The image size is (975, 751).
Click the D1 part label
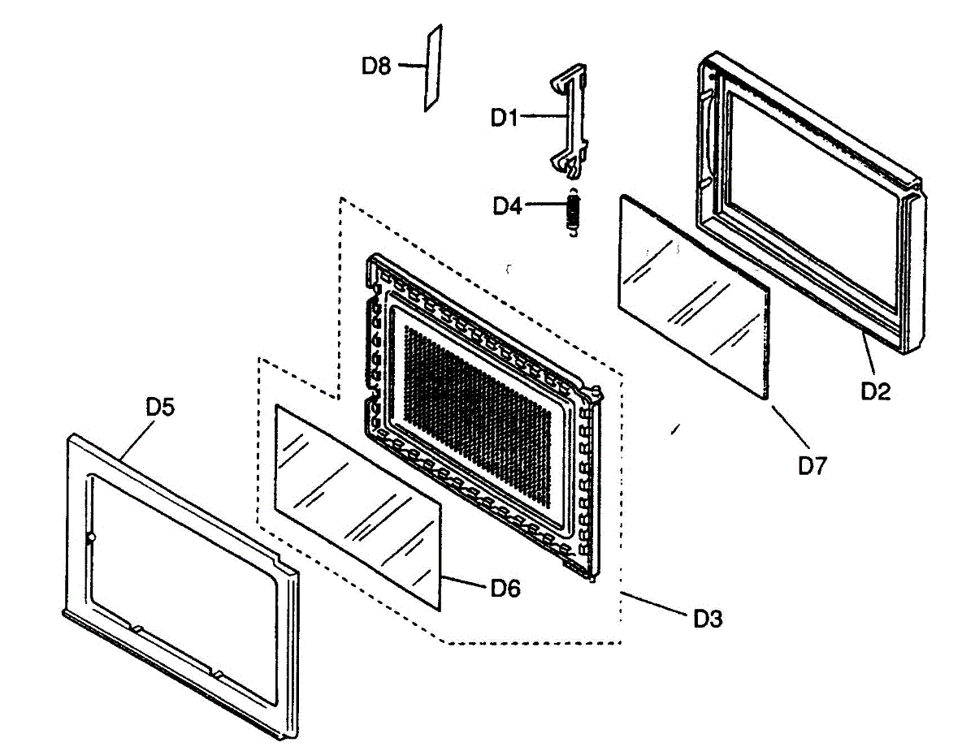click(x=505, y=118)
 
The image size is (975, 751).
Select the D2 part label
click(x=875, y=391)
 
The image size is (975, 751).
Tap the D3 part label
click(x=708, y=619)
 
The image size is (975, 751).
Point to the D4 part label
click(x=508, y=206)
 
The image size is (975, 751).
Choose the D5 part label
click(x=160, y=407)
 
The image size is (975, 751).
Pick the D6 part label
click(x=505, y=589)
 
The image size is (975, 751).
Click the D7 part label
click(x=812, y=466)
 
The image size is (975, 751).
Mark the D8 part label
click(x=376, y=66)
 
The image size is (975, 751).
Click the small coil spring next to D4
click(x=573, y=212)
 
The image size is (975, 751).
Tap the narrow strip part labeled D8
click(x=433, y=67)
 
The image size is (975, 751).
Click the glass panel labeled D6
click(x=358, y=507)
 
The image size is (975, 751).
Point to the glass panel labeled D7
click(x=694, y=296)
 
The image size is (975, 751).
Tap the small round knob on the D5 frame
click(x=91, y=537)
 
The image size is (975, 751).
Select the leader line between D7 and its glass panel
click(x=790, y=427)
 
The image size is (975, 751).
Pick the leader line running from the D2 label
click(x=869, y=353)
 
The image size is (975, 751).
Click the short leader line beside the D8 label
click(x=411, y=66)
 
